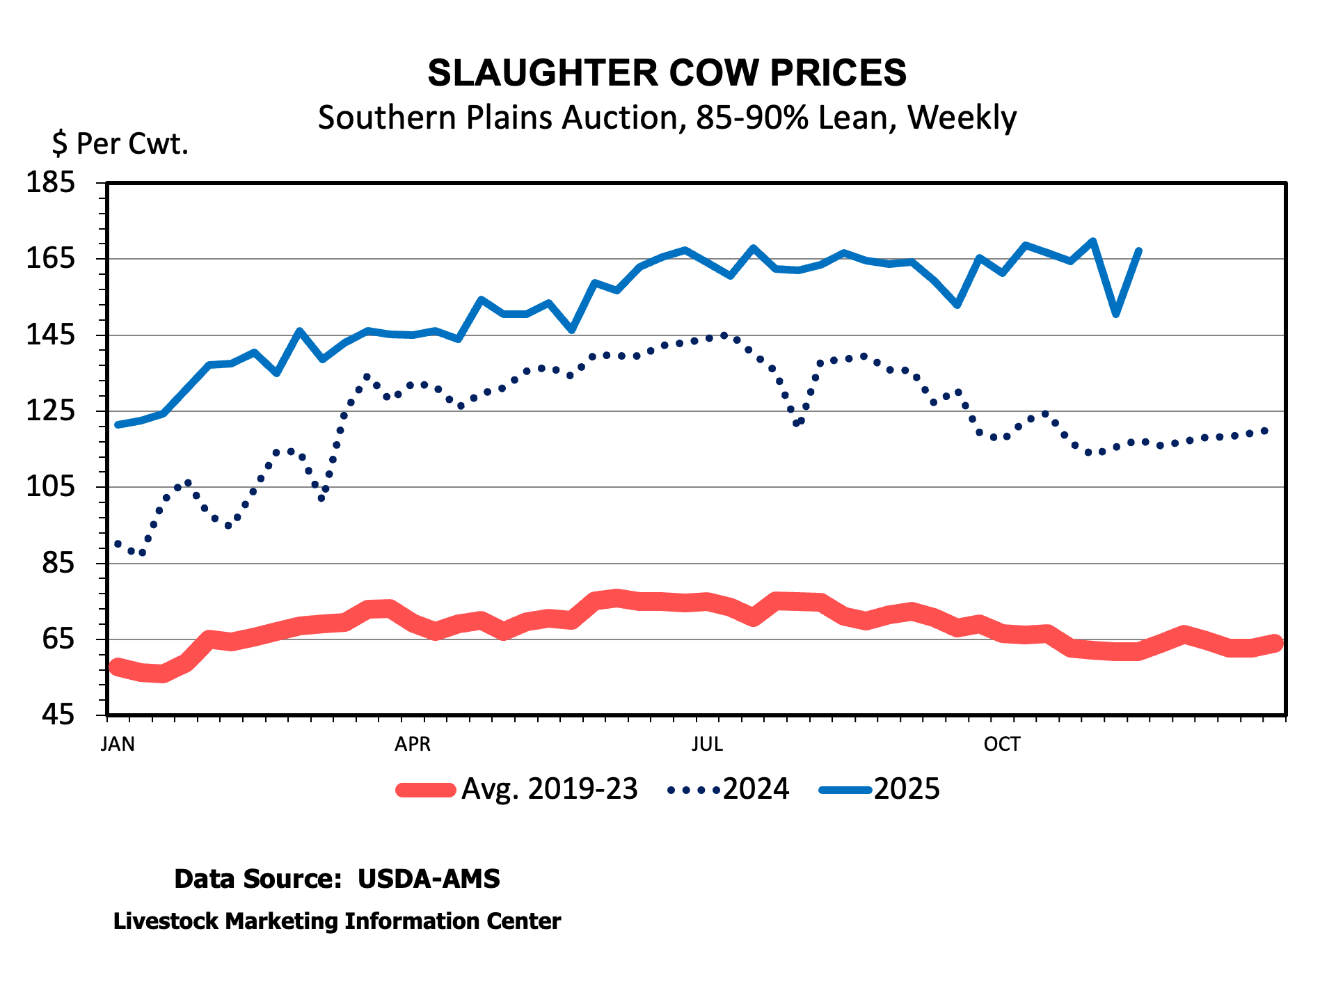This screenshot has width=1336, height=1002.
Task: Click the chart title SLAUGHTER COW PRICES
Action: pyautogui.click(x=667, y=73)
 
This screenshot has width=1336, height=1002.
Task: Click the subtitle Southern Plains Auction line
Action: pyautogui.click(x=667, y=118)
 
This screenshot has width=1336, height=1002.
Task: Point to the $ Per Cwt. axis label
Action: pyautogui.click(x=120, y=144)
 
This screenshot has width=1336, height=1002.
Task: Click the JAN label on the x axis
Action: pyautogui.click(x=118, y=745)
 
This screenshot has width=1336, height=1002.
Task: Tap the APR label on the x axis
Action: pyautogui.click(x=413, y=745)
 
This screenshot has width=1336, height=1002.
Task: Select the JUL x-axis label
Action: pyautogui.click(x=707, y=745)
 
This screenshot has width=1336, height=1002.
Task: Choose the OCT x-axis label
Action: pyautogui.click(x=1001, y=745)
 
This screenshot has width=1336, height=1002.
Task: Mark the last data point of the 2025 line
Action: pyautogui.click(x=1138, y=250)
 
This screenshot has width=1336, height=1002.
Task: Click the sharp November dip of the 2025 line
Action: pyautogui.click(x=1116, y=314)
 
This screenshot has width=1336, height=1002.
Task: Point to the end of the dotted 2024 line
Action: pyautogui.click(x=1265, y=431)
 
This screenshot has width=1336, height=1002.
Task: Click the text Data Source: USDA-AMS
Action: pyautogui.click(x=337, y=879)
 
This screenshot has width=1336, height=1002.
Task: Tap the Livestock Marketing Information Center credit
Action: pyautogui.click(x=337, y=921)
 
